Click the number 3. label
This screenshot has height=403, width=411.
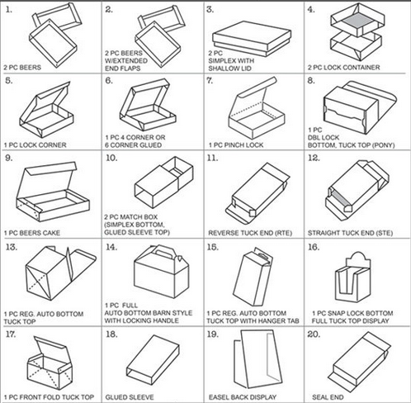[210, 9]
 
